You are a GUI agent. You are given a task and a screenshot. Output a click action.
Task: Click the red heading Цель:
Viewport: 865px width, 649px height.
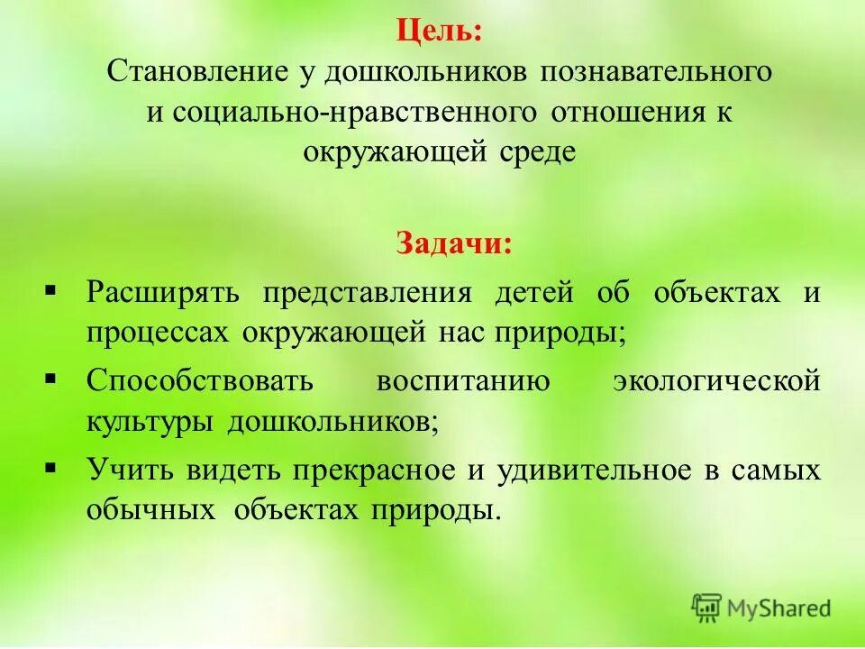coord(438,32)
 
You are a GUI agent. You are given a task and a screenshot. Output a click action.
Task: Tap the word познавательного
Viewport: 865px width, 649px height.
coord(657,72)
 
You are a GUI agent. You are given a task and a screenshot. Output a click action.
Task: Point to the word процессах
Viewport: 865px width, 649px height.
coord(157,334)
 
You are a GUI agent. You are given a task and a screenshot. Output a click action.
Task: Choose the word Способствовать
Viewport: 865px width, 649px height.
coord(200,380)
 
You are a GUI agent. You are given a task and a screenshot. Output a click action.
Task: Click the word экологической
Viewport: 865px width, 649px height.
coord(717,380)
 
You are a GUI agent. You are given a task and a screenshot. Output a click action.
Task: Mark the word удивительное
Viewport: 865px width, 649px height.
coord(597,470)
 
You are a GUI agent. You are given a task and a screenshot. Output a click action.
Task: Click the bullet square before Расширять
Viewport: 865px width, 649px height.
coord(50,290)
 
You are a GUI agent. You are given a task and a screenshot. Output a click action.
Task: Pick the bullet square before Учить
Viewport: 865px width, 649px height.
coord(50,467)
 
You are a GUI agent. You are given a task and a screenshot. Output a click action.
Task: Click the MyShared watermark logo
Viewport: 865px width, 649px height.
coord(761,608)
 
